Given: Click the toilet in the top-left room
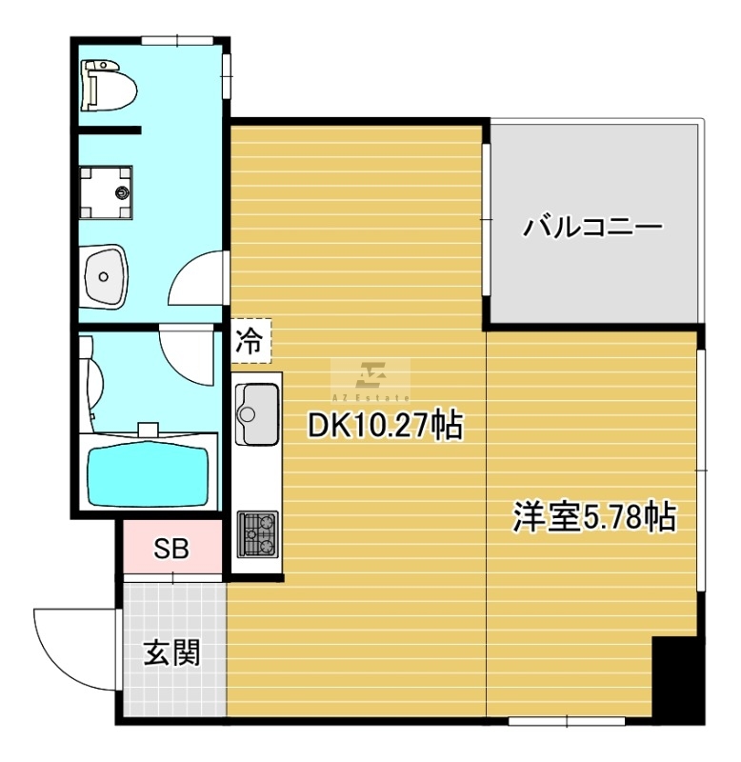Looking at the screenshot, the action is tap(109, 86).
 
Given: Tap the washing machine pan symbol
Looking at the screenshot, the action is tap(106, 192).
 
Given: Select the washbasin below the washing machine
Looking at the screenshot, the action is tap(104, 276).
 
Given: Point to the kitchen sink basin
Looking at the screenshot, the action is tap(257, 414).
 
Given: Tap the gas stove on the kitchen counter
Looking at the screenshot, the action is tap(257, 533).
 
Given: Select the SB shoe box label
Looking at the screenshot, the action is tap(171, 549).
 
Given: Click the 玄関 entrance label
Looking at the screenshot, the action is tap(172, 652).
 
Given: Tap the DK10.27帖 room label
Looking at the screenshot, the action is tap(386, 425).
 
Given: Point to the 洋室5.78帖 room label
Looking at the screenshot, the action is tap(594, 516).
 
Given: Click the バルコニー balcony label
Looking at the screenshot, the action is tap(592, 227).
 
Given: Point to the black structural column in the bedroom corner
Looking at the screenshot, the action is tap(677, 679).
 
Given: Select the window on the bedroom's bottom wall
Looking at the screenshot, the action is tap(567, 721).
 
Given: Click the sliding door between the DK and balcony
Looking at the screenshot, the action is tap(486, 219).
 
